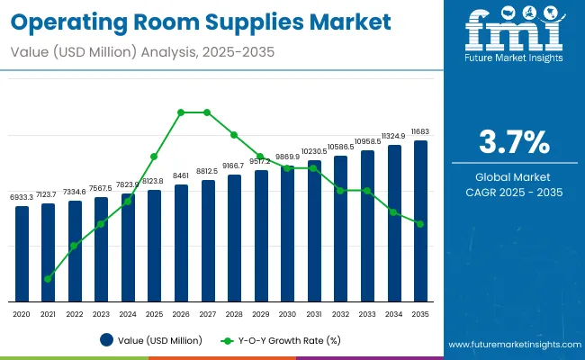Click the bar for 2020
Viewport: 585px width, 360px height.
(22, 254)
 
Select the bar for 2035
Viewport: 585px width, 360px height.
(420, 220)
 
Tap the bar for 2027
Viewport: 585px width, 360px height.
(208, 240)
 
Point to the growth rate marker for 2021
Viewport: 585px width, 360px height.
(48, 279)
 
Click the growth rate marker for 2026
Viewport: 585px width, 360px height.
(181, 112)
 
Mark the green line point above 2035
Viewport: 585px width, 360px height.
(420, 224)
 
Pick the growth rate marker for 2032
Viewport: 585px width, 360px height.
(340, 191)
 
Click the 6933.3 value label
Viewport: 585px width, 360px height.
(22, 196)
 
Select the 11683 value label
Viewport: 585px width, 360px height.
(420, 131)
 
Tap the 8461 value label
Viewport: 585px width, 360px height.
(181, 175)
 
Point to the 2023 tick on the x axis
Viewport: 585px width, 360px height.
(101, 314)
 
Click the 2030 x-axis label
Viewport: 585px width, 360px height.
(287, 314)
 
